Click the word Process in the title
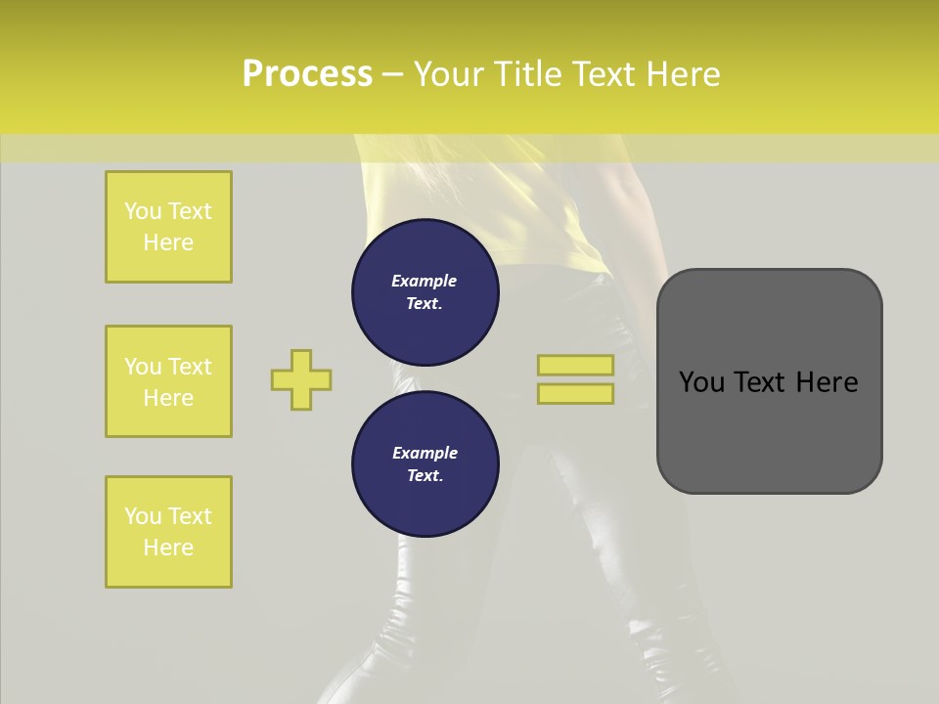click(x=307, y=74)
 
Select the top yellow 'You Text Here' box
click(x=168, y=227)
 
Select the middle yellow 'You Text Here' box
click(x=168, y=381)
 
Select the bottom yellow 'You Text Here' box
click(x=168, y=532)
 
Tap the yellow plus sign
click(x=301, y=379)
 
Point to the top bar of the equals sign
click(x=575, y=365)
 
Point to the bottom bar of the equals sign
click(x=575, y=393)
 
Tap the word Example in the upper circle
click(x=425, y=281)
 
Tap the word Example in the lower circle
click(x=425, y=453)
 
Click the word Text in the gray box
click(x=758, y=382)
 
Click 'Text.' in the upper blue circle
click(x=425, y=303)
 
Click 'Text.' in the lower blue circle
click(x=425, y=475)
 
